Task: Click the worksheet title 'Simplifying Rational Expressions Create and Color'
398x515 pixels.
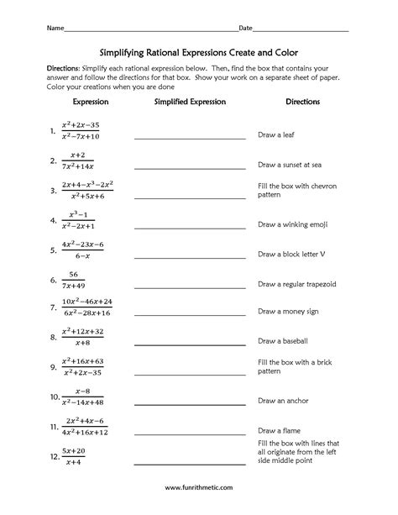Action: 199,50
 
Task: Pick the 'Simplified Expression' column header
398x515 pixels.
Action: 190,102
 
